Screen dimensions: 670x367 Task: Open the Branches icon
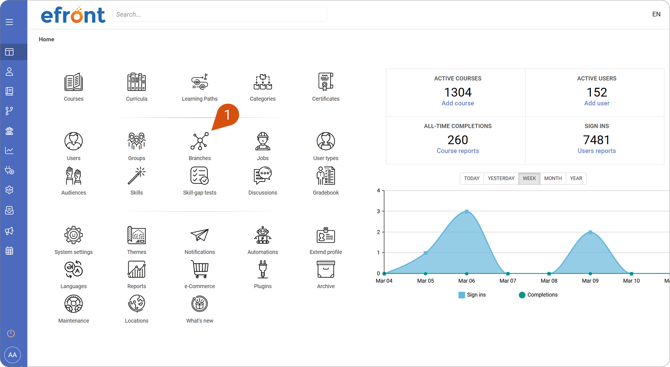(x=200, y=141)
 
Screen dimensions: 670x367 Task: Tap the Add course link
(x=458, y=103)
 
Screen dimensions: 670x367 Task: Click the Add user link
(x=597, y=103)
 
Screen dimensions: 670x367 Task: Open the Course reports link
(x=458, y=151)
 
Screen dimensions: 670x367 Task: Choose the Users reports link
(x=597, y=151)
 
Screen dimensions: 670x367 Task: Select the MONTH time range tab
(x=553, y=178)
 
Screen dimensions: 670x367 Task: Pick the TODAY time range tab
(x=472, y=178)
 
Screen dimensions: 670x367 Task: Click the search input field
(x=220, y=14)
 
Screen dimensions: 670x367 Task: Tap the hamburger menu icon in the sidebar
(x=9, y=22)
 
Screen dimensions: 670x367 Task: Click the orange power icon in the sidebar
(x=11, y=333)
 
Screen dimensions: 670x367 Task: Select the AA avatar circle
(x=13, y=355)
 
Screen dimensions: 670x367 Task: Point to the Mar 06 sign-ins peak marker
(x=467, y=211)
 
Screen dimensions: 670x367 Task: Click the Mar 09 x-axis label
(x=590, y=281)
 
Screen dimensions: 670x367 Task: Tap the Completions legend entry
(x=538, y=295)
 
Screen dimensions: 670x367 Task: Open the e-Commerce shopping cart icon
(x=200, y=269)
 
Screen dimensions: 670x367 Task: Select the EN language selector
(x=656, y=14)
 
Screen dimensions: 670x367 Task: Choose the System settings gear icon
(x=74, y=235)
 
